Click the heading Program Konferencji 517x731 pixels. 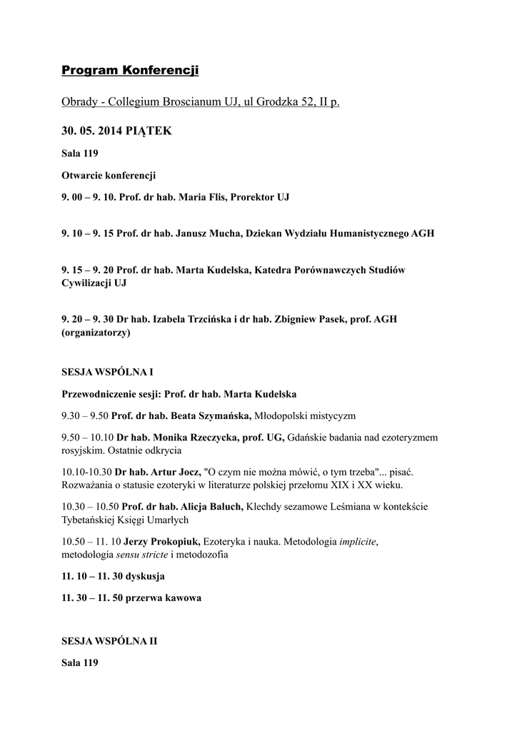pos(130,70)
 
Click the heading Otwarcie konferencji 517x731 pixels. pos(109,175)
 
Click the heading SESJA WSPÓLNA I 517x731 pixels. pos(107,373)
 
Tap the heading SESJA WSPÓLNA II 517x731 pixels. pos(109,641)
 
